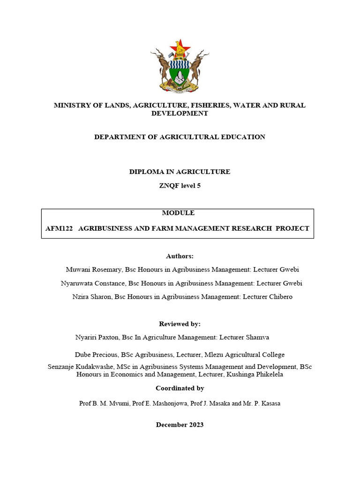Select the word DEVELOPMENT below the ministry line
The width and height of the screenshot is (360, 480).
pyautogui.click(x=180, y=113)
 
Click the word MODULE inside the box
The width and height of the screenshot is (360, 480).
pyautogui.click(x=178, y=213)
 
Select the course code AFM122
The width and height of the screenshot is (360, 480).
pyautogui.click(x=58, y=228)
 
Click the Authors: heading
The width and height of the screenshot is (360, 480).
pyautogui.click(x=180, y=256)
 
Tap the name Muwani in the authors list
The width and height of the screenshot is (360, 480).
pyautogui.click(x=80, y=270)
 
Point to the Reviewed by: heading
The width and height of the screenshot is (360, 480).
pyautogui.click(x=180, y=324)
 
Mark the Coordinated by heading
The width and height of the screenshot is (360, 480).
pyautogui.click(x=180, y=388)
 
